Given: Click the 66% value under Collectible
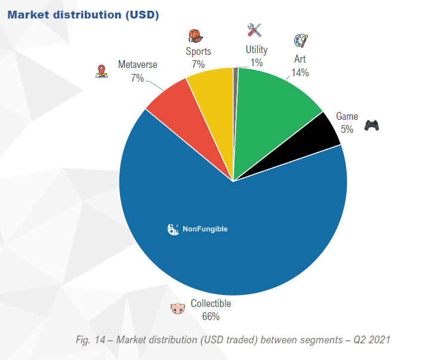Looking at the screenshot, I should tap(211, 316).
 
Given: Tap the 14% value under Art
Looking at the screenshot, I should tap(300, 73).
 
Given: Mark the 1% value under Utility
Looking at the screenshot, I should tap(257, 62).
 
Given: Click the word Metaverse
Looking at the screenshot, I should tap(137, 64).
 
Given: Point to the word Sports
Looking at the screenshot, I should tap(198, 51).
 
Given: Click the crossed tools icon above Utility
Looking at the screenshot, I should tap(255, 30).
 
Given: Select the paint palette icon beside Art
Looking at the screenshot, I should tap(300, 41).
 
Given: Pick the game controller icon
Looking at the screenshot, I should tap(372, 125).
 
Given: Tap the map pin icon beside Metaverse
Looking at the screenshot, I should tap(101, 71).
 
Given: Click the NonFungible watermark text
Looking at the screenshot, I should tap(205, 228).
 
